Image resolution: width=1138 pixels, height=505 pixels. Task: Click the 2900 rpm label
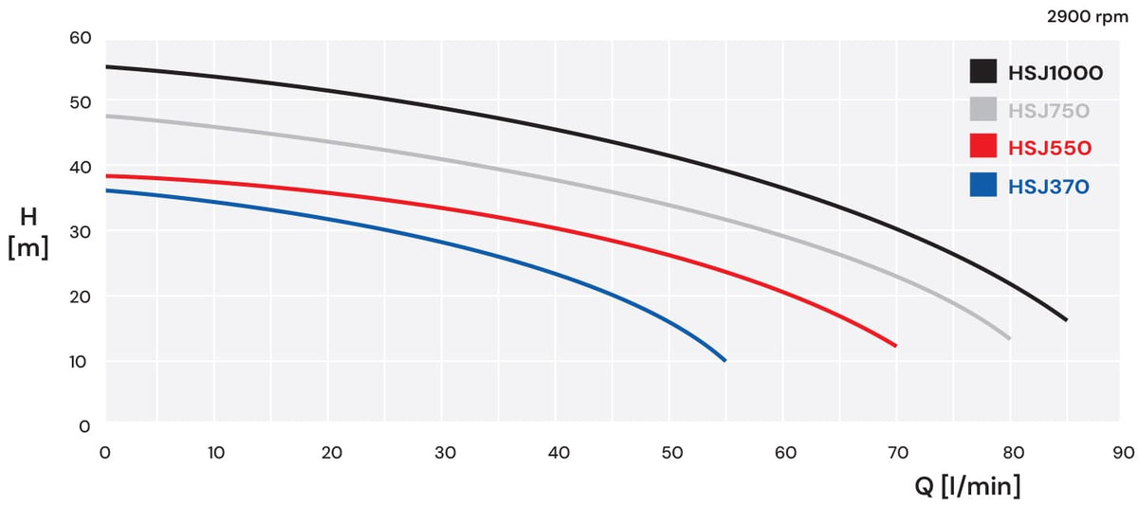[x=1087, y=17]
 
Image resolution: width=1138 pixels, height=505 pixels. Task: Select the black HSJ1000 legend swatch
[x=983, y=71]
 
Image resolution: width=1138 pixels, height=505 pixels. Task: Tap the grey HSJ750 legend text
[x=1049, y=111]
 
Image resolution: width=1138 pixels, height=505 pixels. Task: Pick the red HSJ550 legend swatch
[x=983, y=146]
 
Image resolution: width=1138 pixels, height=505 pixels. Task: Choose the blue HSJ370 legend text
[x=1049, y=187]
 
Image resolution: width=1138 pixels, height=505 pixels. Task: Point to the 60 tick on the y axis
[x=81, y=38]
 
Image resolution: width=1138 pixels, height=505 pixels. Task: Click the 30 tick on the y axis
[x=81, y=232]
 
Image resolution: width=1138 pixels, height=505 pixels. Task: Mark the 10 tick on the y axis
[x=78, y=362]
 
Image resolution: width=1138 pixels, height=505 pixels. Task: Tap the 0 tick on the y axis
[x=84, y=426]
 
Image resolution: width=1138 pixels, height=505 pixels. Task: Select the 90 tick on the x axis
[x=1123, y=452]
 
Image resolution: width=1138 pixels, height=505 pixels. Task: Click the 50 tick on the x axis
[x=671, y=452]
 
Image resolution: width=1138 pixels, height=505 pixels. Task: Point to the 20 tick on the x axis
[x=331, y=452]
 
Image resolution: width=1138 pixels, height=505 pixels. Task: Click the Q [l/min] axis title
[x=967, y=486]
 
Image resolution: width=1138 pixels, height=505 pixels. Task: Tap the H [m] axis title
[x=28, y=232]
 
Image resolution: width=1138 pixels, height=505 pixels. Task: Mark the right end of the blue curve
[x=725, y=361]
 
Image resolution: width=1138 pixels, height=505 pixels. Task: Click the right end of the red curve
[x=895, y=346]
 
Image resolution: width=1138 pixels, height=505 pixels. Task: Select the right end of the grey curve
[x=1009, y=338]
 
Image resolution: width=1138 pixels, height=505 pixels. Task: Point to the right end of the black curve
[x=1066, y=319]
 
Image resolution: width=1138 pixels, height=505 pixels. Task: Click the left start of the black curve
[x=106, y=66]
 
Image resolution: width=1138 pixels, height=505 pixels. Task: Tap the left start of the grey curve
[x=106, y=117]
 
